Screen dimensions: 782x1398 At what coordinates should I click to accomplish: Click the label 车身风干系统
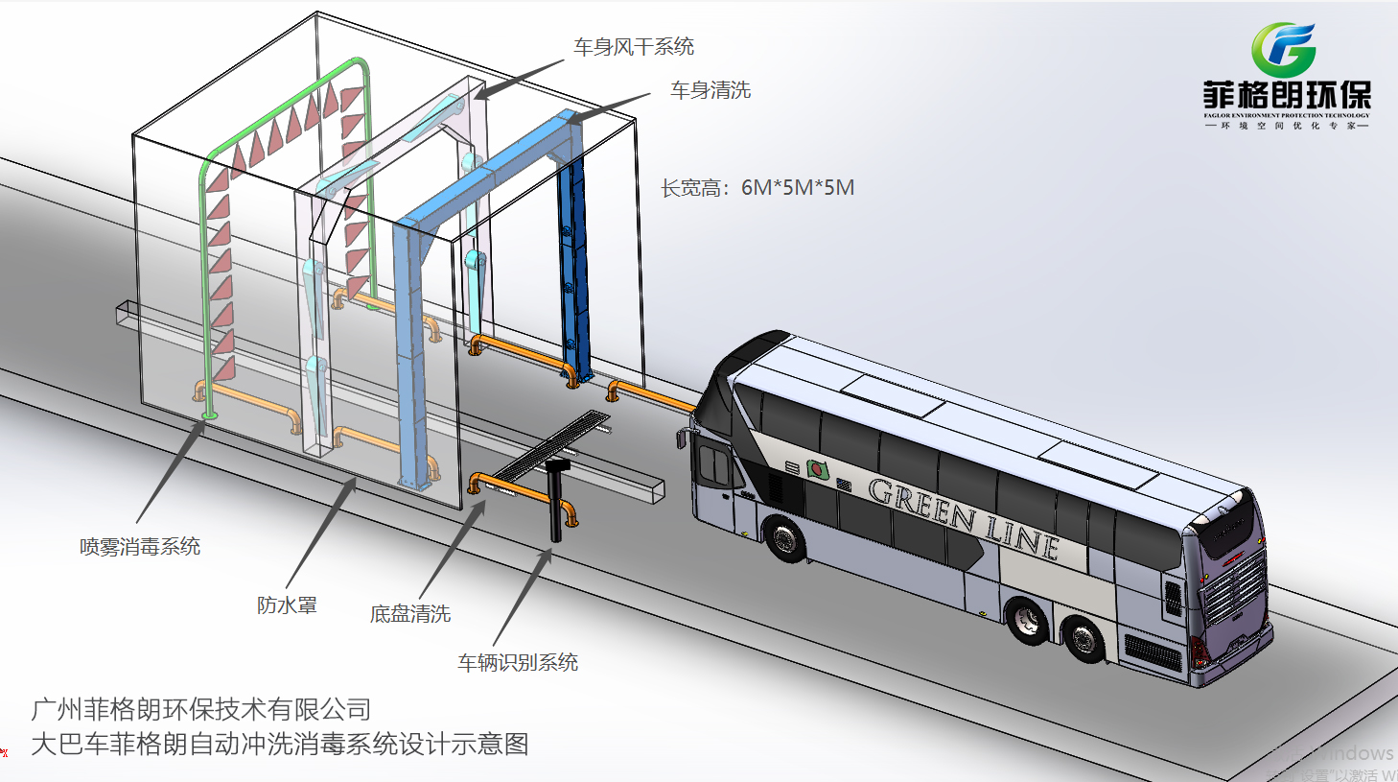[x=634, y=47]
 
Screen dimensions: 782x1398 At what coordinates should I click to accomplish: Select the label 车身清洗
[x=711, y=90]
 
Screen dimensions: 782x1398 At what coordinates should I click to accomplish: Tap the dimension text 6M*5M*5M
[x=797, y=188]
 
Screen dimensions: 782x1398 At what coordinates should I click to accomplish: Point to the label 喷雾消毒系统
[x=140, y=547]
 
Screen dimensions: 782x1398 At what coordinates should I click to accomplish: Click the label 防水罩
[x=287, y=605]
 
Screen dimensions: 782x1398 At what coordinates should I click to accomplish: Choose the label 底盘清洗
[x=410, y=614]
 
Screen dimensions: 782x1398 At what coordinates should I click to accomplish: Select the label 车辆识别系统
[x=518, y=663]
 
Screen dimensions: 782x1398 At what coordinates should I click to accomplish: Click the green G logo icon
[x=1283, y=50]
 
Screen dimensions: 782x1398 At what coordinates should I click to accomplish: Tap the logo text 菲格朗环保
[x=1287, y=96]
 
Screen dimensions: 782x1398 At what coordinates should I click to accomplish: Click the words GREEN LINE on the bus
[x=963, y=518]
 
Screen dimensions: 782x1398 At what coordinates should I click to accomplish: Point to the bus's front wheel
[x=786, y=539]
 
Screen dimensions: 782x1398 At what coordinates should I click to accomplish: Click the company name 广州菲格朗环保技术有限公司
[x=201, y=710]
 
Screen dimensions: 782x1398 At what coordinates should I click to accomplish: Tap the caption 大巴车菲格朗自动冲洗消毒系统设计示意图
[x=280, y=745]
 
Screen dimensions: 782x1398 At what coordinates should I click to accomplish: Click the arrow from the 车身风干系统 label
[x=519, y=79]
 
